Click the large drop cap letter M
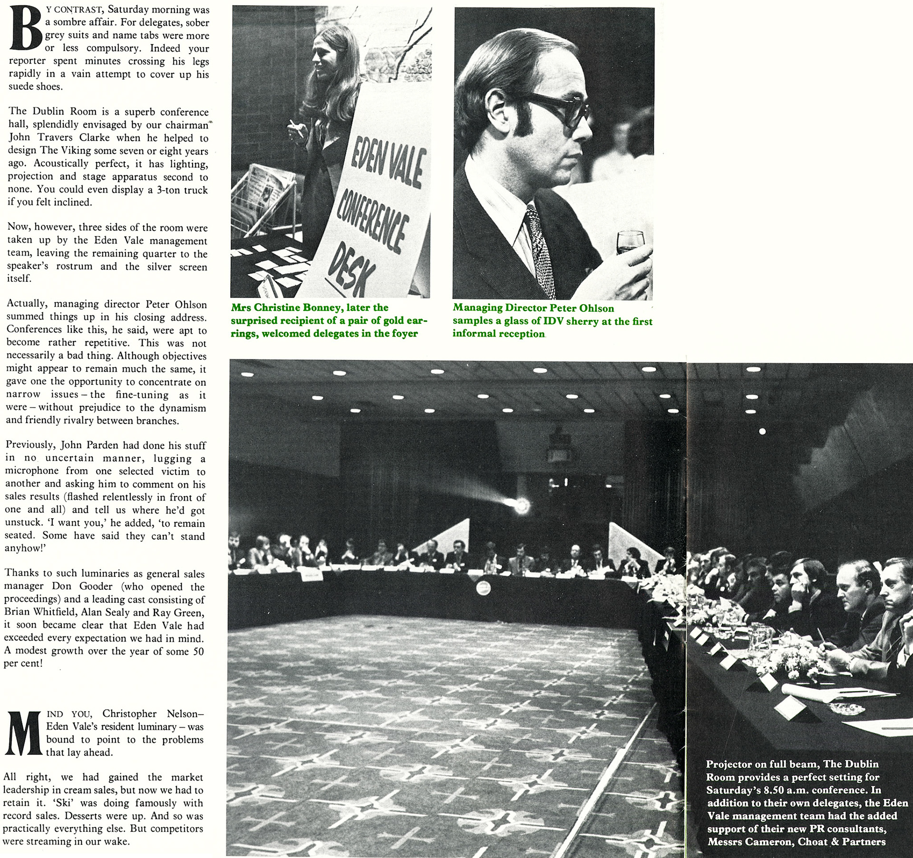(x=24, y=733)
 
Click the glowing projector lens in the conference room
(x=522, y=505)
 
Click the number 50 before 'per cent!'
(x=198, y=651)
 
